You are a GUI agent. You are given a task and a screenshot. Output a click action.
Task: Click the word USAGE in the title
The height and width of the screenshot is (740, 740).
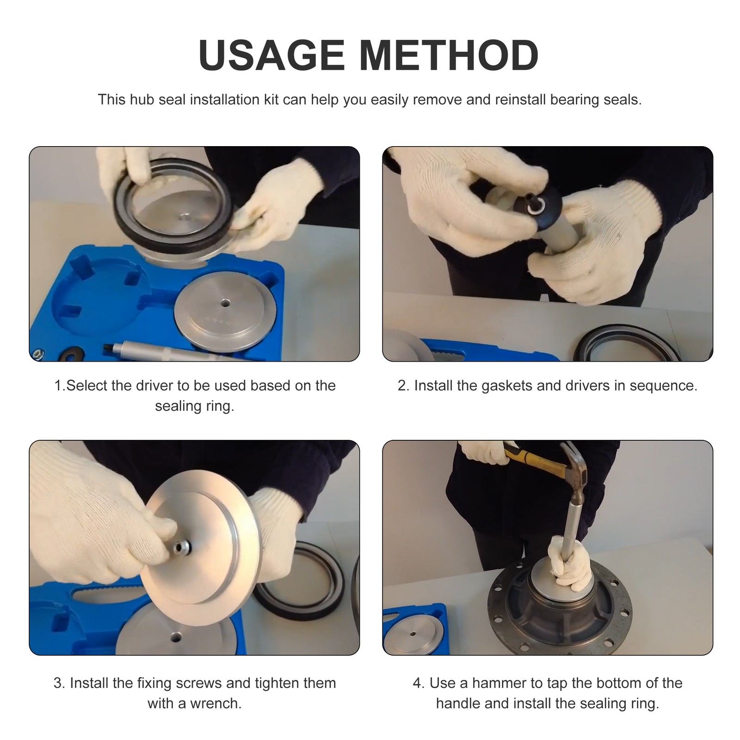(272, 55)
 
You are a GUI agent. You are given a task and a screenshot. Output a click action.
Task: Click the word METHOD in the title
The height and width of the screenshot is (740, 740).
(449, 55)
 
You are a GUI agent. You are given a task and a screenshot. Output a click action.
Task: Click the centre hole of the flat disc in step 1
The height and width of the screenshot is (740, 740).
(225, 303)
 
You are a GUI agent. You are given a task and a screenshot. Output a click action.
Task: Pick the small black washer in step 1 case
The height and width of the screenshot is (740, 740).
(76, 353)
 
